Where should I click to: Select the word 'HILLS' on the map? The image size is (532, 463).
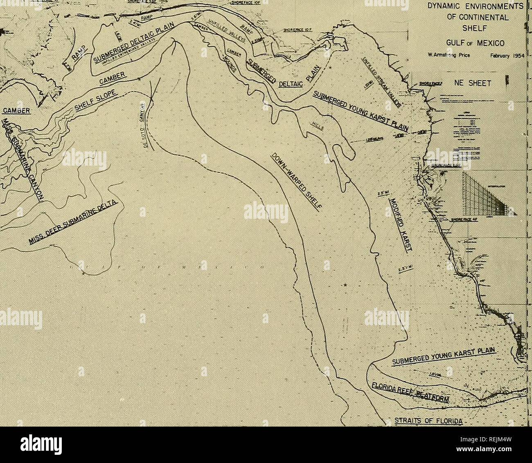(317, 132)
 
